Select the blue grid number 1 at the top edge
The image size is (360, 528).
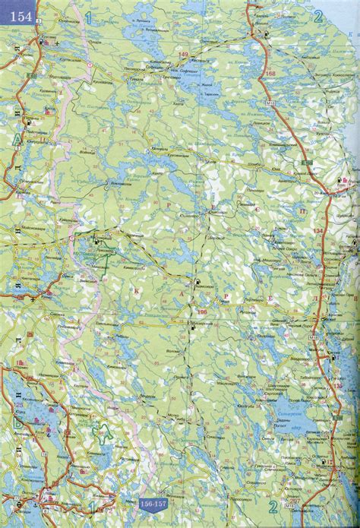(90, 16)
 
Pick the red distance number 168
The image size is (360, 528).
(271, 72)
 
